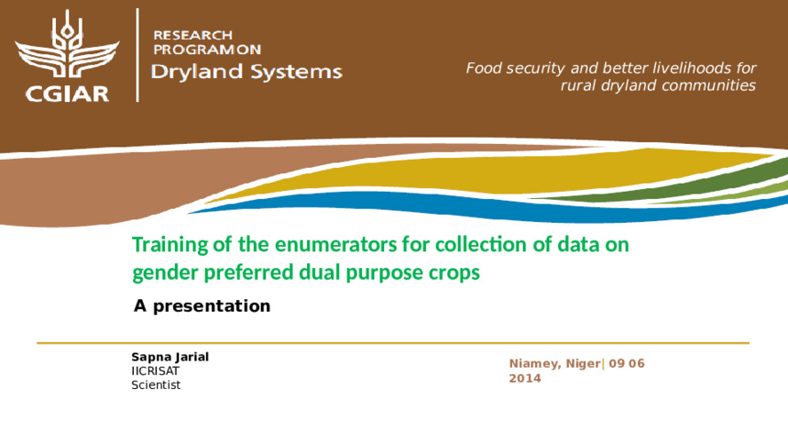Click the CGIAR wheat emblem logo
point(67,44)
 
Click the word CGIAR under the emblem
point(67,94)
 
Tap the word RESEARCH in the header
point(193,36)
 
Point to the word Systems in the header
point(296,72)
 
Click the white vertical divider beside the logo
point(138,55)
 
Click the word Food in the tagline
point(481,67)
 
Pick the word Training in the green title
point(169,245)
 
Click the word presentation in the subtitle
point(211,306)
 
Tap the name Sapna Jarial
point(169,357)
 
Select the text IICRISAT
point(155,371)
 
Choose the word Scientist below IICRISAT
point(156,385)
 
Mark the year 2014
point(525,378)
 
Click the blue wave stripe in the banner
point(483,206)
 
